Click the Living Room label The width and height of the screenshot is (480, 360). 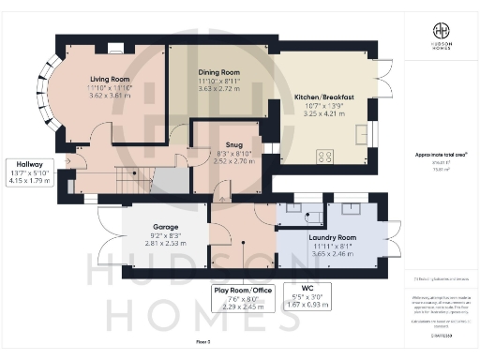point(110,79)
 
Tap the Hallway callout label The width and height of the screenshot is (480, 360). point(28,163)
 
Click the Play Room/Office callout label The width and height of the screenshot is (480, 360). point(243,291)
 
